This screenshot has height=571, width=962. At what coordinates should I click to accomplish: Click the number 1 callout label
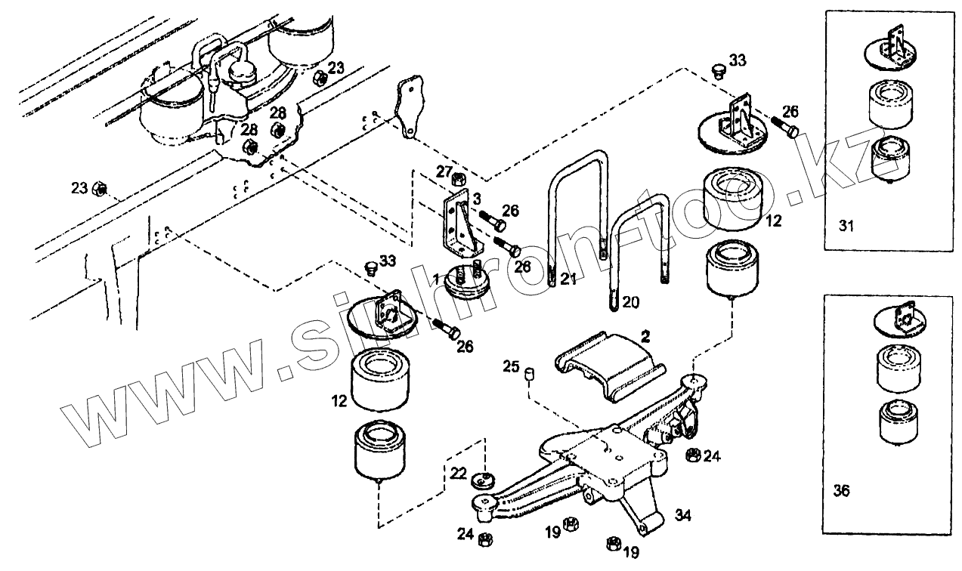[x=436, y=280]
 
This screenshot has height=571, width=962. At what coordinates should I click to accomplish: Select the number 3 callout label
[x=477, y=198]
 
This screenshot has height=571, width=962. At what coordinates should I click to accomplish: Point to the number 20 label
[x=630, y=302]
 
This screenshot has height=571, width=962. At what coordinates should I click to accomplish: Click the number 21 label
[x=568, y=279]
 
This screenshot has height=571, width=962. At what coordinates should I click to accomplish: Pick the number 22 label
[x=458, y=473]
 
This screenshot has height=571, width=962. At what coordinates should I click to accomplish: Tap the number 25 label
[x=512, y=367]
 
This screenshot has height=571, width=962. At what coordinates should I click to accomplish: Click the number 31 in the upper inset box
[x=846, y=225]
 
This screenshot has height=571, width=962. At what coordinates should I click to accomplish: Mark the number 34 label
[x=682, y=516]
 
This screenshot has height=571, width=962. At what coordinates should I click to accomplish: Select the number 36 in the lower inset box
[x=840, y=491]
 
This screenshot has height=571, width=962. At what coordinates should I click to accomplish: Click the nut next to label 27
[x=458, y=180]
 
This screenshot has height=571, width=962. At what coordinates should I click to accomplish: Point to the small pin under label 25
[x=530, y=374]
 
